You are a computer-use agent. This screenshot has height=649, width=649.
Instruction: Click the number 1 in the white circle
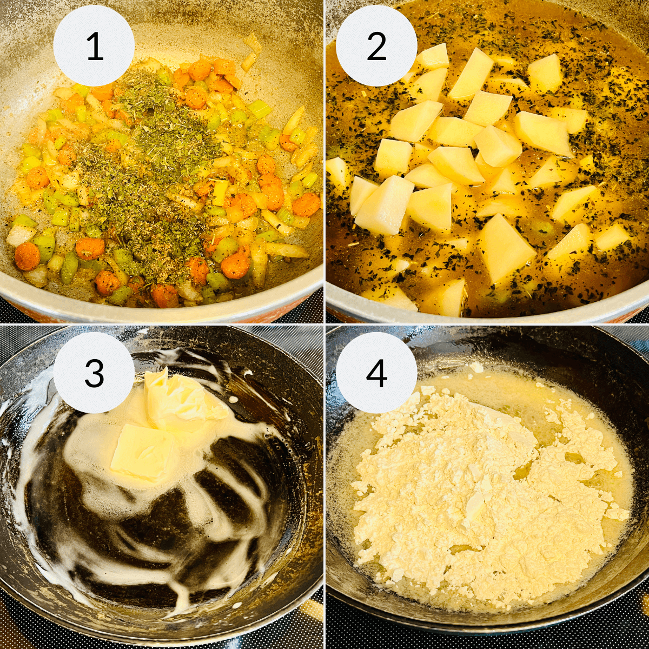coord(94,47)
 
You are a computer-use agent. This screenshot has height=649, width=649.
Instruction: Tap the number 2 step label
coord(376,47)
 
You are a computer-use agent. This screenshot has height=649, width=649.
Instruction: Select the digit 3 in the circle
coord(94,373)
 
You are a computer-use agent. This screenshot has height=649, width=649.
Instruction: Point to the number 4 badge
coord(376,373)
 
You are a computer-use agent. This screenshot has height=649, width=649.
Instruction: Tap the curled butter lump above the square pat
coord(178,398)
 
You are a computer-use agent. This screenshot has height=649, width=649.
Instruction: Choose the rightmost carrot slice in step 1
coord(307,204)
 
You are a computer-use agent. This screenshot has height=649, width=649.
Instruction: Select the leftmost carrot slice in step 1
coord(27,256)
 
